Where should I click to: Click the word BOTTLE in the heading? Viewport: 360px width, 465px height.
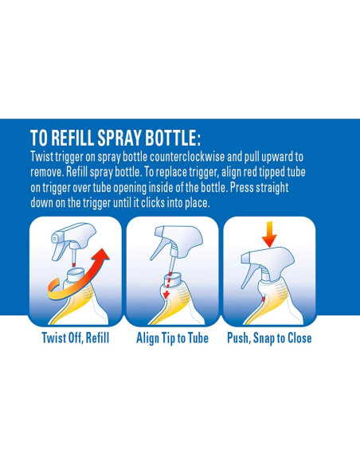pos(170,138)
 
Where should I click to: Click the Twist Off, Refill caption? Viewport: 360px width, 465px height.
pos(76,338)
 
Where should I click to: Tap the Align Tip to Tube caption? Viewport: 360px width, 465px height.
pos(172,338)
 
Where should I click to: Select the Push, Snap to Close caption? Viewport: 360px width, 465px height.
pos(269,338)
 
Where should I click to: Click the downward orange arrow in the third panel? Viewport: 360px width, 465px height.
pos(269,234)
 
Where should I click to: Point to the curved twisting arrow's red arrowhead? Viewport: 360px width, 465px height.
pos(102,256)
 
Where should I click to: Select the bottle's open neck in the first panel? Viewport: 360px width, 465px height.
pos(76,272)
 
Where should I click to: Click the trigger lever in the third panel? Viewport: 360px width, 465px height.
pos(248,275)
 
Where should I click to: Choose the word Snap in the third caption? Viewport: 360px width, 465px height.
pos(264,338)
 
